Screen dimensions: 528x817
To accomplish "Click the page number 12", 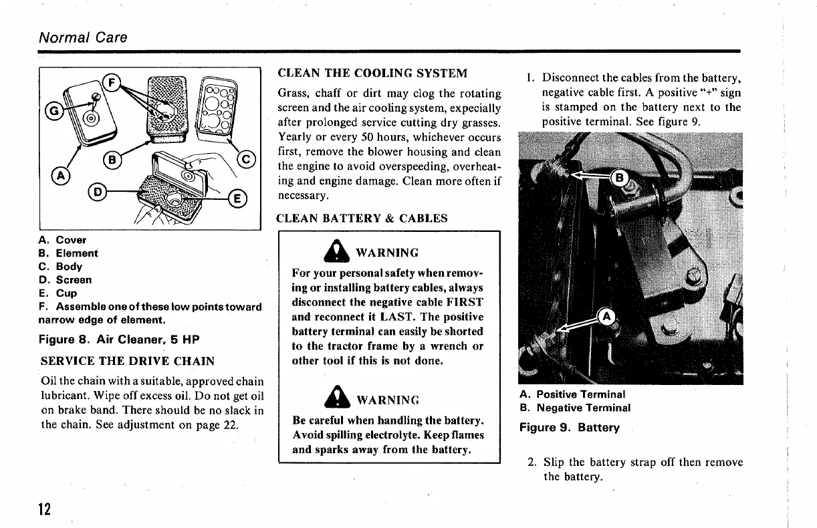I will (45, 509).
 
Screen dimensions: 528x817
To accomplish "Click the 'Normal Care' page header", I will (83, 37).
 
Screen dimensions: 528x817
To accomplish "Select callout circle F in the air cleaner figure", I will (113, 84).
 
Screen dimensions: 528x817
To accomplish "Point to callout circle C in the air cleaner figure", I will (247, 160).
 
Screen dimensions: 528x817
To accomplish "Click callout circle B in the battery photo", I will (619, 178).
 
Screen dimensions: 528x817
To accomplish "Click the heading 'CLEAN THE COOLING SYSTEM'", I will (372, 73).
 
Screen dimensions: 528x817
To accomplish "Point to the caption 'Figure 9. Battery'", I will (570, 427).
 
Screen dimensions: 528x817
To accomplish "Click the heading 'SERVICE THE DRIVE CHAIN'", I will (128, 361).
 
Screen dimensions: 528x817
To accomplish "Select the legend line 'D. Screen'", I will (65, 279).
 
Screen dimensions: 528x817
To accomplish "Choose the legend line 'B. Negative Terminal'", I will (575, 407).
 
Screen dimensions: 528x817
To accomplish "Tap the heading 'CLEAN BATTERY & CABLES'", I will (362, 218).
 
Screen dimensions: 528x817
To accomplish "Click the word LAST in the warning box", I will (400, 317).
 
